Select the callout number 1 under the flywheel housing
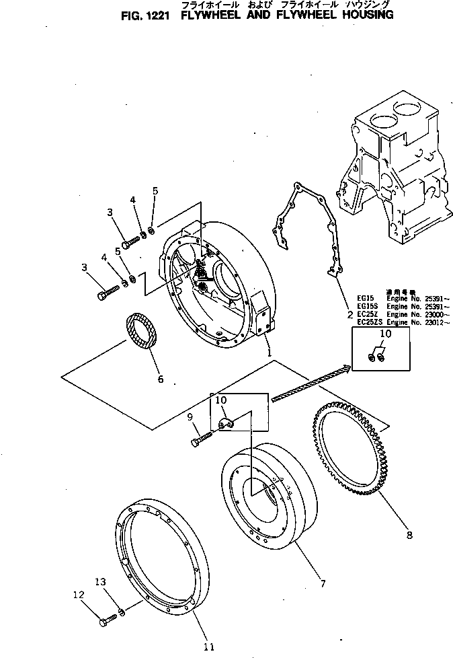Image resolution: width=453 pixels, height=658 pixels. point(268,352)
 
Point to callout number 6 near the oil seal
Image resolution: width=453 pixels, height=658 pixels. point(160,379)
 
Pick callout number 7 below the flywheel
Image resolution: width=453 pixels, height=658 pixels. point(323,584)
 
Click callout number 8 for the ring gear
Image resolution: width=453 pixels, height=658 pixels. point(409,536)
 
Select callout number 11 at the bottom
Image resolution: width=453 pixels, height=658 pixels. point(208,647)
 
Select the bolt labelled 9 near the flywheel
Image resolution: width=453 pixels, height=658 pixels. point(202,438)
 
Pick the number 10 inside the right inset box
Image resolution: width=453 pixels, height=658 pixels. point(384,334)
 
